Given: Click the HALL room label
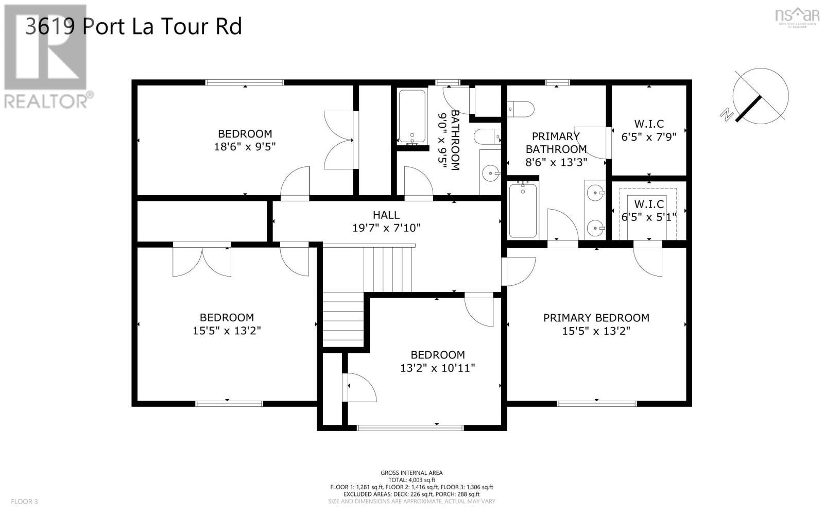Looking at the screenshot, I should click(386, 215).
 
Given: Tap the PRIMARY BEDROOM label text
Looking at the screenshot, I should click(596, 318).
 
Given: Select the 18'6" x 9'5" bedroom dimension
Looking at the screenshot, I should click(245, 147).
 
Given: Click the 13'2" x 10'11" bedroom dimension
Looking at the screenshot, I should click(437, 368).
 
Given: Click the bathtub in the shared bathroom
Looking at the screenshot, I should click(412, 117).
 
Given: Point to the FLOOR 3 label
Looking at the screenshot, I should click(24, 501).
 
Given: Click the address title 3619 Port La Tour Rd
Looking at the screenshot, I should click(133, 26).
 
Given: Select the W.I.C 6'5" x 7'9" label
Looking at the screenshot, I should click(648, 130).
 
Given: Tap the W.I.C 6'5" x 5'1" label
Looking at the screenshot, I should click(648, 211).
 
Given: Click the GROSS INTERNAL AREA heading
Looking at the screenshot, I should click(411, 473).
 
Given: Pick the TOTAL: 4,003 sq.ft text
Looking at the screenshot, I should click(411, 480).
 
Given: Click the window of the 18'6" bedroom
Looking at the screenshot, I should click(245, 82).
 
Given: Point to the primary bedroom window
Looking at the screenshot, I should click(597, 403).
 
